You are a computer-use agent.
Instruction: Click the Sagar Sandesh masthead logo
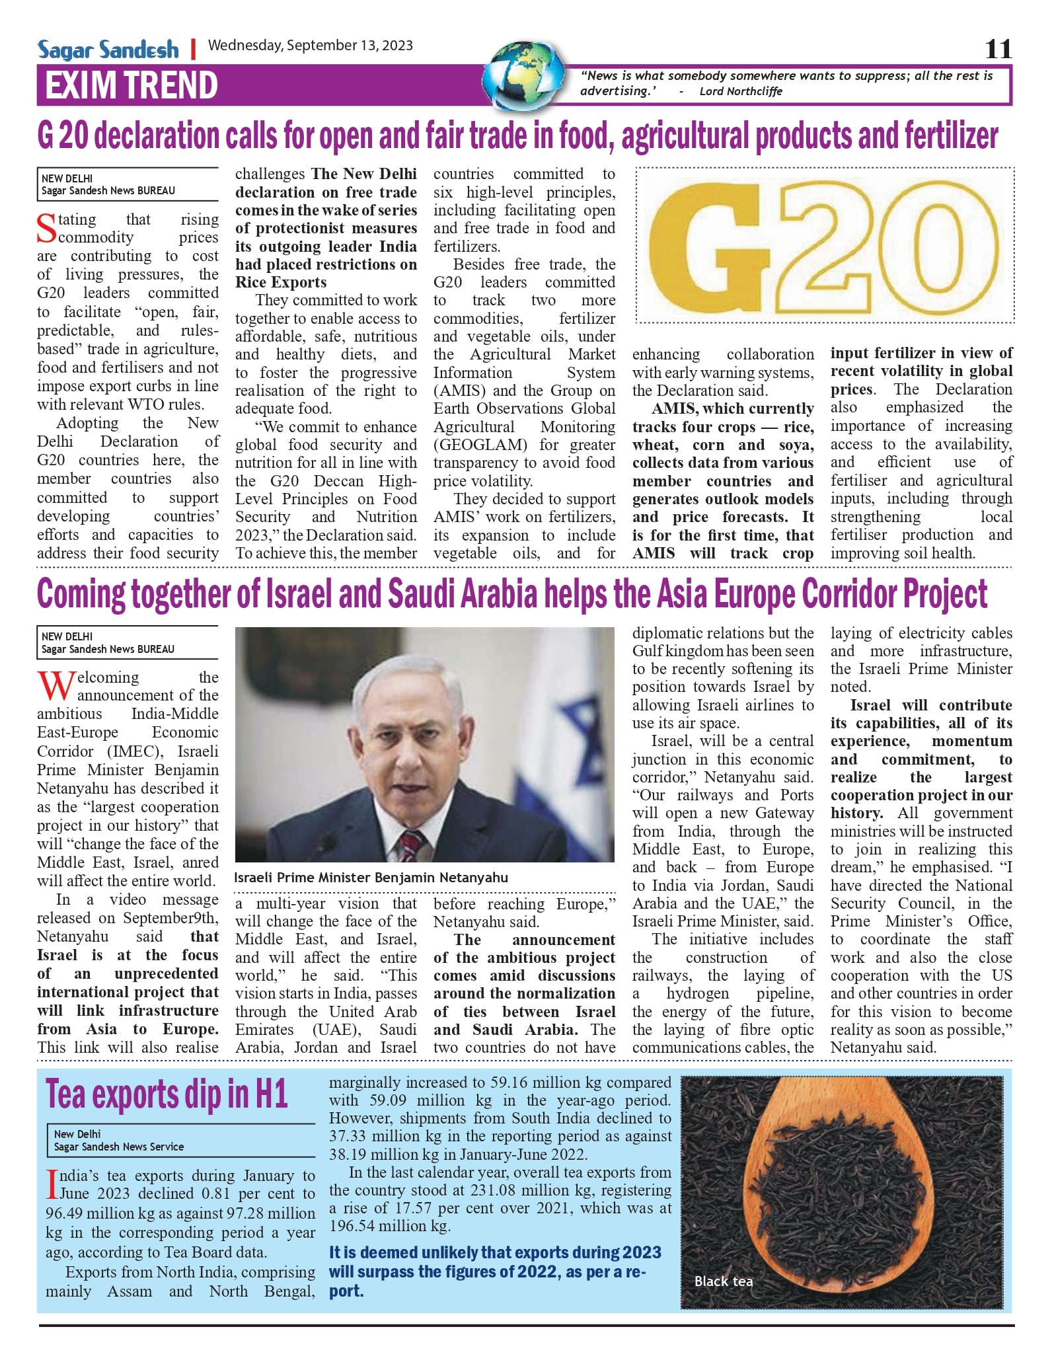[108, 49]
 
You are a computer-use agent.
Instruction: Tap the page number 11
[998, 49]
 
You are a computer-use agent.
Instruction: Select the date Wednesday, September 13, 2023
[310, 46]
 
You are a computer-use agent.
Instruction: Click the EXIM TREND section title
[131, 85]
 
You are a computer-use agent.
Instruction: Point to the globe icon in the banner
[524, 76]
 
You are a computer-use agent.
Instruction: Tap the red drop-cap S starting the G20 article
[46, 229]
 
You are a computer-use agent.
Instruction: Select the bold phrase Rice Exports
[281, 282]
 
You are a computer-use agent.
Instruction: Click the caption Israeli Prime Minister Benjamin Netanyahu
[371, 878]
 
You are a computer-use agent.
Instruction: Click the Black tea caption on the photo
[723, 1281]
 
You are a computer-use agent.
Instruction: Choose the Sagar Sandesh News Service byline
[119, 1147]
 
